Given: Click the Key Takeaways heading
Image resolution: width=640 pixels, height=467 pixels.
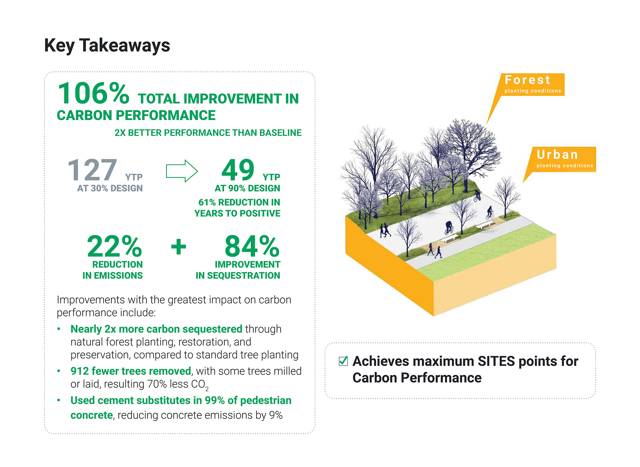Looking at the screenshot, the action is (x=107, y=46).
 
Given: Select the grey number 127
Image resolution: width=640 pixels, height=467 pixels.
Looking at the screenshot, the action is (x=92, y=170).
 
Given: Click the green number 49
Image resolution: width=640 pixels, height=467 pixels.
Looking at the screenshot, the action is (x=238, y=170).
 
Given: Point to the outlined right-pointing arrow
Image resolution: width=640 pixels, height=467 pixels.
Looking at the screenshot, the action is (x=182, y=171).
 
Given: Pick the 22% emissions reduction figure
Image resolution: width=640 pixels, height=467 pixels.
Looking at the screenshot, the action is (x=114, y=246).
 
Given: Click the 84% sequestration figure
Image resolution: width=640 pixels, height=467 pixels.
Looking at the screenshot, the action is (x=252, y=246).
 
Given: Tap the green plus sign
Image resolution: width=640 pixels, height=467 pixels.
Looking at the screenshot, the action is (x=179, y=247).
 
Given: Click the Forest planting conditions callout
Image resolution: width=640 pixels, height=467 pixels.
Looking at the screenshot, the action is (x=532, y=85).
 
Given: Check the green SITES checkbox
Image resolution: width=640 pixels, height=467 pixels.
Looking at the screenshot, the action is (x=343, y=361).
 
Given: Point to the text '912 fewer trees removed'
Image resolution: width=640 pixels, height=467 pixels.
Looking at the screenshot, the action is (x=131, y=371).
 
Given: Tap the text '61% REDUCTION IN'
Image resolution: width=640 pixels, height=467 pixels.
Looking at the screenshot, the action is (x=239, y=202).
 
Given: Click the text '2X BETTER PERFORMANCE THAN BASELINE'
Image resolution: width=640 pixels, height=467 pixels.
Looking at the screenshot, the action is (x=208, y=133).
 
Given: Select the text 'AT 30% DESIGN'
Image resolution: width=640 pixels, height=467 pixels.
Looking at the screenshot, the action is (x=110, y=188).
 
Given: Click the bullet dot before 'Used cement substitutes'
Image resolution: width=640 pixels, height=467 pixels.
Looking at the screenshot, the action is (x=59, y=400).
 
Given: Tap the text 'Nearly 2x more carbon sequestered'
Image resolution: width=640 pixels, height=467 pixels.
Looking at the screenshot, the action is (x=156, y=329).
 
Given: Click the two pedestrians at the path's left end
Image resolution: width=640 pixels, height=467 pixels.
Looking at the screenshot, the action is (x=385, y=230).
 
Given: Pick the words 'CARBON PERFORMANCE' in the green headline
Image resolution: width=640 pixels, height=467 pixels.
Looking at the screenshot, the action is (x=136, y=115).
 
